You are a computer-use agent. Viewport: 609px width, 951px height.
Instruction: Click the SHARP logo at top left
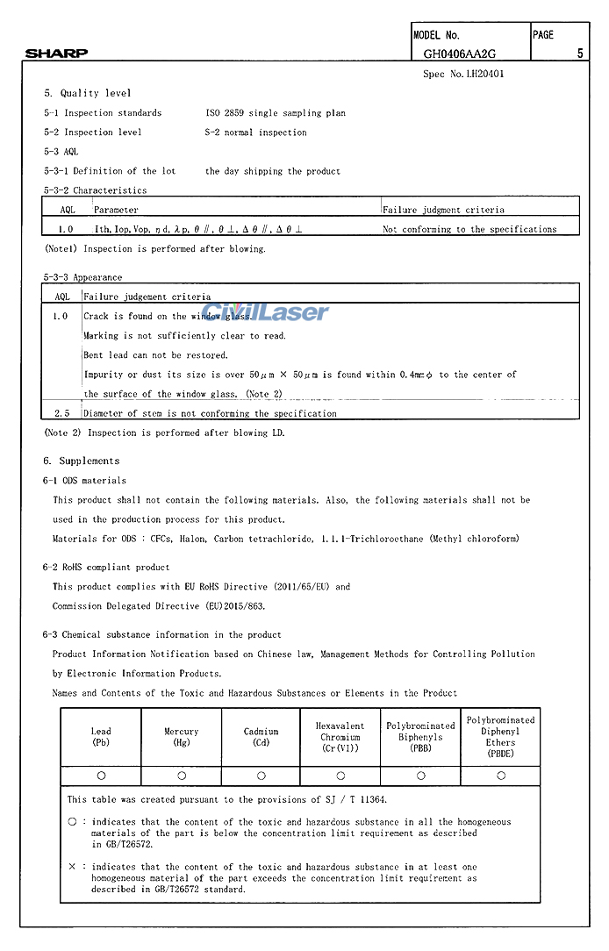pyautogui.click(x=56, y=54)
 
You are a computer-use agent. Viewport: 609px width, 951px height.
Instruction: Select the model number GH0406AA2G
pyautogui.click(x=459, y=54)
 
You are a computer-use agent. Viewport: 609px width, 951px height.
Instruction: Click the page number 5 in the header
pyautogui.click(x=580, y=54)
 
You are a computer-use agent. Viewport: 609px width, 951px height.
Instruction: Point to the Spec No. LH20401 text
pyautogui.click(x=463, y=75)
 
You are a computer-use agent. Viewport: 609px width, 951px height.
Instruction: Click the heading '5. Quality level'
pyautogui.click(x=88, y=94)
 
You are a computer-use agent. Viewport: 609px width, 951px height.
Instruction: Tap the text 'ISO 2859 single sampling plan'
pyautogui.click(x=276, y=113)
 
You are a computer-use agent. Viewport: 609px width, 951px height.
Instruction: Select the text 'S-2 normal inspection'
pyautogui.click(x=256, y=132)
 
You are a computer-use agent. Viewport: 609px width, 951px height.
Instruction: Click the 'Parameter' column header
pyautogui.click(x=116, y=210)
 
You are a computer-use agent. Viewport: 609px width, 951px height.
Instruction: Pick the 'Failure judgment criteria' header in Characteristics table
pyautogui.click(x=443, y=210)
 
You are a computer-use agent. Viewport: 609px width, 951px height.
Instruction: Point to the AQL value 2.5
pyautogui.click(x=62, y=413)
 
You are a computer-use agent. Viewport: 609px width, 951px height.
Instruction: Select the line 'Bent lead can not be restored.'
pyautogui.click(x=155, y=355)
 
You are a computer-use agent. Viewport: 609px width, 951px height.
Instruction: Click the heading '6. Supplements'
pyautogui.click(x=81, y=461)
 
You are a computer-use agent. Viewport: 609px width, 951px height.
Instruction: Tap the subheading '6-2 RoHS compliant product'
pyautogui.click(x=106, y=568)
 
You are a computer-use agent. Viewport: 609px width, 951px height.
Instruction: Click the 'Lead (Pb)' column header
pyautogui.click(x=101, y=737)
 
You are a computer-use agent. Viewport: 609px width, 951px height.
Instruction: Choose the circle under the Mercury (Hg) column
pyautogui.click(x=182, y=776)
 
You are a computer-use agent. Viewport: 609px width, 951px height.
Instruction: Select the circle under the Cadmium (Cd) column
pyautogui.click(x=262, y=776)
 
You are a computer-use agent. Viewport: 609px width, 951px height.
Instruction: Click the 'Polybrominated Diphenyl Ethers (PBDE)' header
pyautogui.click(x=500, y=737)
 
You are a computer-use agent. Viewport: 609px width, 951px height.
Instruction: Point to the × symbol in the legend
pyautogui.click(x=72, y=867)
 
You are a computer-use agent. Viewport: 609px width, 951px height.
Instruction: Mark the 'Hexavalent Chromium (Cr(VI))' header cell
pyautogui.click(x=340, y=737)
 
